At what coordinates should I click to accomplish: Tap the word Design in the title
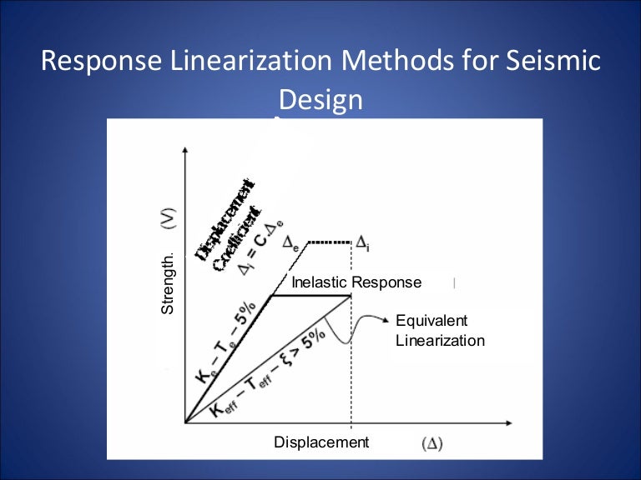tap(320, 100)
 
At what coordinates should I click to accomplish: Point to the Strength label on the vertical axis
tap(167, 286)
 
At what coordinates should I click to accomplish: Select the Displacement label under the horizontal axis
tap(321, 442)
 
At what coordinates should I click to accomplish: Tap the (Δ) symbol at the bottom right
tap(432, 443)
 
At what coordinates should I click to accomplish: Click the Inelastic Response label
tap(356, 282)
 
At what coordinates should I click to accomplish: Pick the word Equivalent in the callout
tap(432, 321)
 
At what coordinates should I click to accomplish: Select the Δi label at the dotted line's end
tap(363, 242)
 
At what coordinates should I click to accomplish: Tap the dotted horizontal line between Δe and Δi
tap(330, 242)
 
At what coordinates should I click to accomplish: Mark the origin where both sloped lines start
tap(185, 422)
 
